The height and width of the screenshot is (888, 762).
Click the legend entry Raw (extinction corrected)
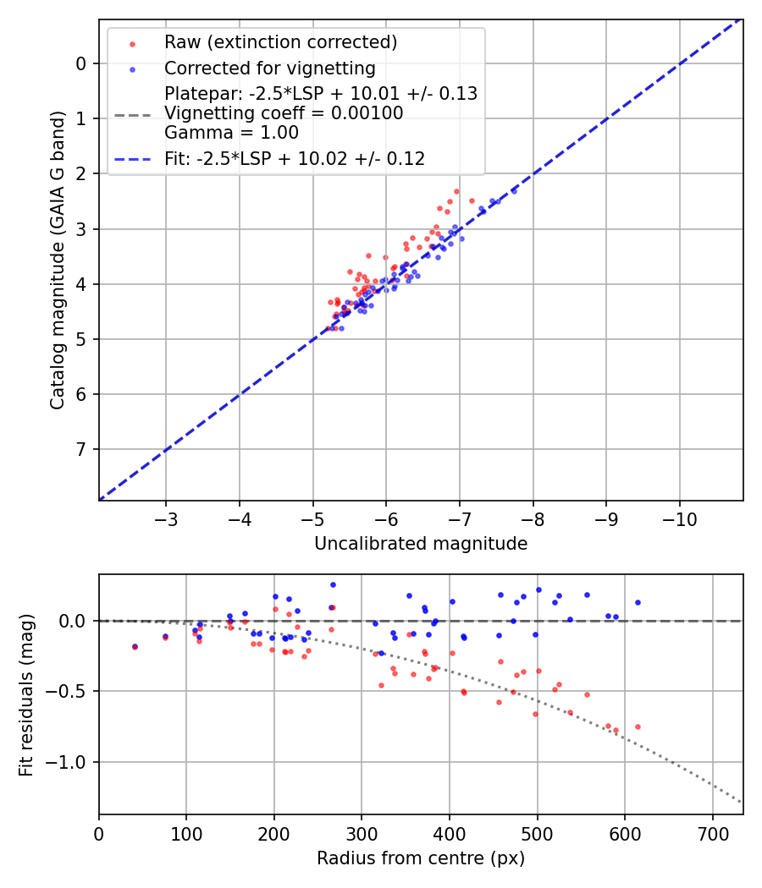280,42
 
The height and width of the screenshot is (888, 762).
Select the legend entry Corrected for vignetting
270,68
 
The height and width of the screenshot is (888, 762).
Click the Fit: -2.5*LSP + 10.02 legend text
295,158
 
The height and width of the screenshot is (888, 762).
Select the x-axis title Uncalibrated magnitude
421,544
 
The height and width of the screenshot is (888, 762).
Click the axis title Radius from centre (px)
421,858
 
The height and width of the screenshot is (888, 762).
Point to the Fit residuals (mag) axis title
26,694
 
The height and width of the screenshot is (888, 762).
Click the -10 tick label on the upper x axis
679,518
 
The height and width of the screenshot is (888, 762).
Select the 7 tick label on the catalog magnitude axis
80,449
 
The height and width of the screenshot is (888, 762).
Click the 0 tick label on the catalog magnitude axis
80,63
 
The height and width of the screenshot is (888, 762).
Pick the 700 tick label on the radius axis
712,832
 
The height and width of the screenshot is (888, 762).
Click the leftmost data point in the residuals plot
134,646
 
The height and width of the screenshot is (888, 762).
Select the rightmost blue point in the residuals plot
638,602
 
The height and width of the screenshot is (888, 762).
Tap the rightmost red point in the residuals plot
638,726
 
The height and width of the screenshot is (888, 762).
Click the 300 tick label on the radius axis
362,832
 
